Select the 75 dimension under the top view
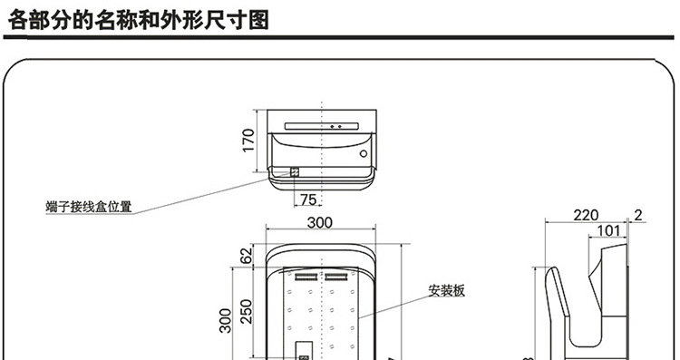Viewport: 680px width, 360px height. (307, 199)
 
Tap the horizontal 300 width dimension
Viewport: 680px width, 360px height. (319, 223)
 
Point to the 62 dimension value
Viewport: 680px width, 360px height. (247, 257)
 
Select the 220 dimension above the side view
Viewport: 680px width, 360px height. (586, 215)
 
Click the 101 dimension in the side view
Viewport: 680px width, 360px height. (609, 231)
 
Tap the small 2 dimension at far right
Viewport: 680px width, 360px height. (639, 215)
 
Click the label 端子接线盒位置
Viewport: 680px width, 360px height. (88, 207)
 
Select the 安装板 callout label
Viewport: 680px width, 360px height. (446, 291)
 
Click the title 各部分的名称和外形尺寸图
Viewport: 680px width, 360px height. (138, 19)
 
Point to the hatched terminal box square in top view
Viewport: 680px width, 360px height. (295, 171)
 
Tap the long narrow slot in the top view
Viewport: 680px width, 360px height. (325, 125)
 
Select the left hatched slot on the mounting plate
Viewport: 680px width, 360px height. (305, 274)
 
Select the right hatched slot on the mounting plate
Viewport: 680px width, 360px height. (336, 274)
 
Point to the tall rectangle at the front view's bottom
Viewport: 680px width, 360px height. (305, 350)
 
